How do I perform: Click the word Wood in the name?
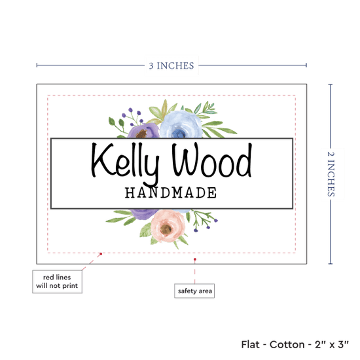[x=212, y=159]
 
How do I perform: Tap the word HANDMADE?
[x=171, y=192]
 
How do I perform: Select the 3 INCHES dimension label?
[x=171, y=65]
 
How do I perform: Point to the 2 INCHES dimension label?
[x=331, y=174]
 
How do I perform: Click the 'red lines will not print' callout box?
[x=57, y=281]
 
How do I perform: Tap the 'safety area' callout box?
[x=194, y=291]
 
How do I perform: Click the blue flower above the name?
[x=181, y=125]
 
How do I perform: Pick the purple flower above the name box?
[x=143, y=131]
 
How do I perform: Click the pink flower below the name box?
[x=168, y=226]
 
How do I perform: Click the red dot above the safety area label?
[x=195, y=259]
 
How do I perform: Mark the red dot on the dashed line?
[x=101, y=254]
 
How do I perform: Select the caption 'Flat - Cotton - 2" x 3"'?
[x=295, y=344]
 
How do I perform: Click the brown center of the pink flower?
[x=166, y=228]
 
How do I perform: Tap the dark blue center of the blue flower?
[x=179, y=133]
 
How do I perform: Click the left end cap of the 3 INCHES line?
[x=37, y=65]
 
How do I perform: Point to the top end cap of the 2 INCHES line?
[x=331, y=84]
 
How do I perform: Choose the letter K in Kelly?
[x=102, y=160]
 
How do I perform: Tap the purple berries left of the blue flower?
[x=133, y=117]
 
